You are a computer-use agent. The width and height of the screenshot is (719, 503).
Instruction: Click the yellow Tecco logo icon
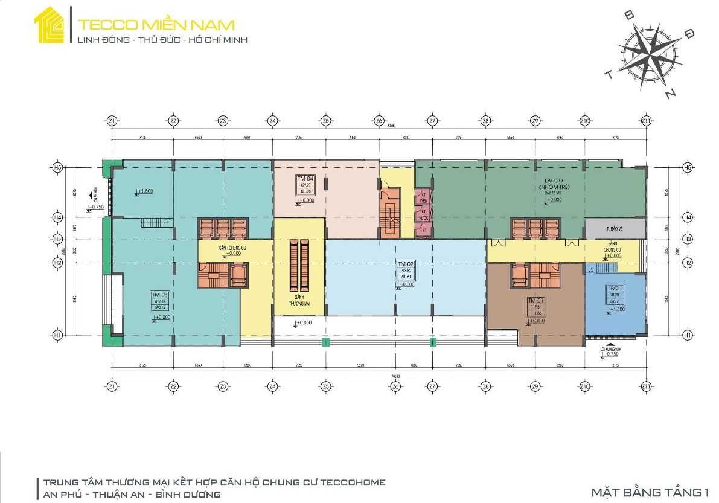coord(50,25)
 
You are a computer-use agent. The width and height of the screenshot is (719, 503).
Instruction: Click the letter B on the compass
coord(628,16)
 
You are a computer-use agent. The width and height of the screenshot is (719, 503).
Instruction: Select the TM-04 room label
coord(305,179)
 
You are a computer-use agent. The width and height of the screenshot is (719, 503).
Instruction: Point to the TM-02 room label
coord(404,264)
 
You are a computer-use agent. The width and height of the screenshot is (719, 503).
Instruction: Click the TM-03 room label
coord(160,295)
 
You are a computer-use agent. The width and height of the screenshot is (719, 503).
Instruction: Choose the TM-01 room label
coord(535,301)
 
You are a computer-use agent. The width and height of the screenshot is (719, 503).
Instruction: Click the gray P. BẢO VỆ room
coord(615,228)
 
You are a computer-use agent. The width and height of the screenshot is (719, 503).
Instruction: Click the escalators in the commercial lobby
coord(300,264)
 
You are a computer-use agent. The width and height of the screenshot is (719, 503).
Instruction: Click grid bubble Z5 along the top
coord(326,121)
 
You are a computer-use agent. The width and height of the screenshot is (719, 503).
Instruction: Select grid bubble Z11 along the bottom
coord(647,386)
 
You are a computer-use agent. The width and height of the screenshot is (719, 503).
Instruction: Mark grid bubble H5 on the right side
coord(687,167)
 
